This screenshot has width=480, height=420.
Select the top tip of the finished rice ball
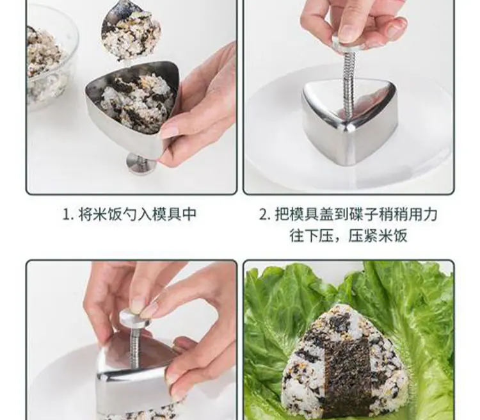point(343,305)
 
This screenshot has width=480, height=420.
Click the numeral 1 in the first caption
point(67,214)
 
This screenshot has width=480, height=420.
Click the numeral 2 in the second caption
point(263,214)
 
